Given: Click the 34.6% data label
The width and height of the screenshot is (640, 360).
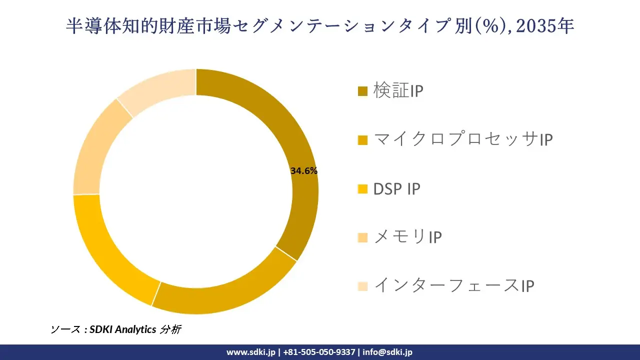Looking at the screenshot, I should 303,170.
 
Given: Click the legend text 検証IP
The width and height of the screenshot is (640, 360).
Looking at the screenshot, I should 398,91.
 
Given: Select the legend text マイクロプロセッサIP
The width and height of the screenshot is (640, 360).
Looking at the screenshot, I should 462,140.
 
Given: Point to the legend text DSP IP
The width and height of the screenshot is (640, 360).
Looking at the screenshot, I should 396,189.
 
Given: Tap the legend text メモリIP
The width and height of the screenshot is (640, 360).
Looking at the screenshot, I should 407,237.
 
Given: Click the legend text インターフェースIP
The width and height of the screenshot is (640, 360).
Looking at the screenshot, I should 454,286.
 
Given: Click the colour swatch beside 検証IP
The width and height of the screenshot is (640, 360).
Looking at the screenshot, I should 363,91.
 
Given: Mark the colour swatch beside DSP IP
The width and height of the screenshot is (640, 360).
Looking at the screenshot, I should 363,189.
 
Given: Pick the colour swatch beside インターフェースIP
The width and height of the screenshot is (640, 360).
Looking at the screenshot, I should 363,286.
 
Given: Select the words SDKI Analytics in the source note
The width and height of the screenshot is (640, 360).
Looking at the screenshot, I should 122,329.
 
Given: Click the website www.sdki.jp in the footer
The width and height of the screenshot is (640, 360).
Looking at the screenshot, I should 251,352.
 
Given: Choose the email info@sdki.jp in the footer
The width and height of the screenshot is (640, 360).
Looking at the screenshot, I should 387,352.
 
